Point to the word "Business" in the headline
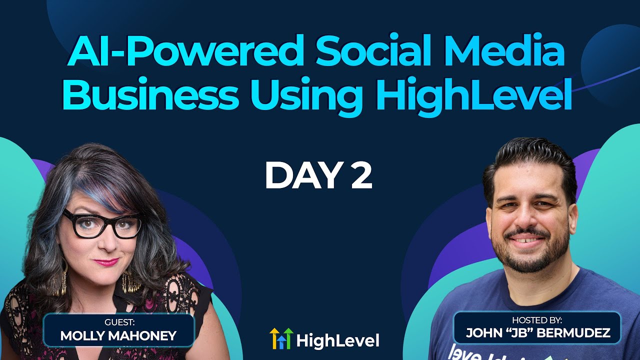pos(150,96)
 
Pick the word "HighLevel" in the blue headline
pos(472,96)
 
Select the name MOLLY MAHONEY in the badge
pos(118,336)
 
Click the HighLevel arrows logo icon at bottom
pos(280,338)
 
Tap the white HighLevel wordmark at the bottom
pos(337,341)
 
